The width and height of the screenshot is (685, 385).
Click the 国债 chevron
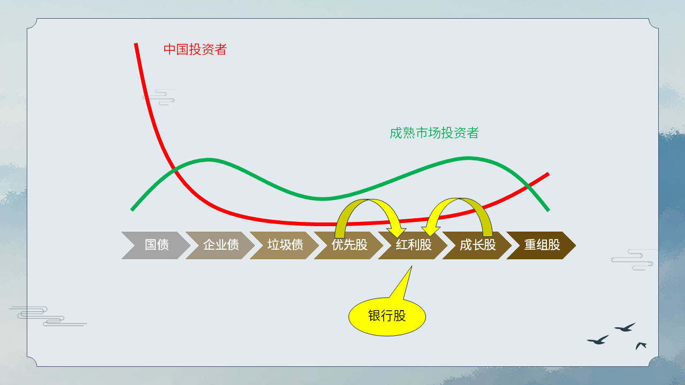[x=156, y=245]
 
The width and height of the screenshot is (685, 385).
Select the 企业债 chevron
[x=220, y=245]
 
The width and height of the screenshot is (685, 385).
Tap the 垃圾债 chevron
[x=284, y=245]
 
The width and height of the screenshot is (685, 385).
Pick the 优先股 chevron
[x=348, y=245]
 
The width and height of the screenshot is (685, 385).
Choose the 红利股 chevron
[x=413, y=245]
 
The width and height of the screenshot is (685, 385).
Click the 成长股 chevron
[x=477, y=245]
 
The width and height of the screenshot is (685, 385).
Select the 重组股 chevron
[x=541, y=245]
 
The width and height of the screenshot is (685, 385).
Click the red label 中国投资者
[x=195, y=50]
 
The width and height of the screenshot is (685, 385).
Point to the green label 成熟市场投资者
[x=434, y=133]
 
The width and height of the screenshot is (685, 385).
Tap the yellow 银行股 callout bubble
[x=387, y=317]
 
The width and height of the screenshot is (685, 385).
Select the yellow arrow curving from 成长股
[x=459, y=201]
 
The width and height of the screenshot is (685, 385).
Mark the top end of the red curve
[x=136, y=43]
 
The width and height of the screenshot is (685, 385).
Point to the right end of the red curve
[x=549, y=174]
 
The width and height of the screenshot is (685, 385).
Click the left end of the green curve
[x=132, y=210]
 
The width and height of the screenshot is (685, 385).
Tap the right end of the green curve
[x=549, y=210]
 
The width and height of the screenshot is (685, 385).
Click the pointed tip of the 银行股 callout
[x=412, y=266]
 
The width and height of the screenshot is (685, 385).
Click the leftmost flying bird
[x=598, y=340]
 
